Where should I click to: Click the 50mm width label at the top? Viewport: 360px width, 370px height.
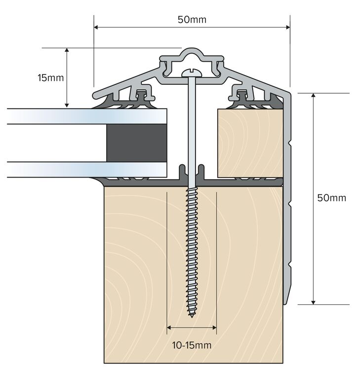[192, 20]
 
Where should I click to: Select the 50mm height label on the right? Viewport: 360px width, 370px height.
[331, 198]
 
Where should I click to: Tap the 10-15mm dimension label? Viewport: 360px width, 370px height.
[192, 345]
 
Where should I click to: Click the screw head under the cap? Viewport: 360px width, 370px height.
[190, 73]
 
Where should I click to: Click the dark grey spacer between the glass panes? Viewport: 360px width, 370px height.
[136, 143]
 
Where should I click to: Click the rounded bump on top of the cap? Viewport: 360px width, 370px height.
[190, 53]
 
